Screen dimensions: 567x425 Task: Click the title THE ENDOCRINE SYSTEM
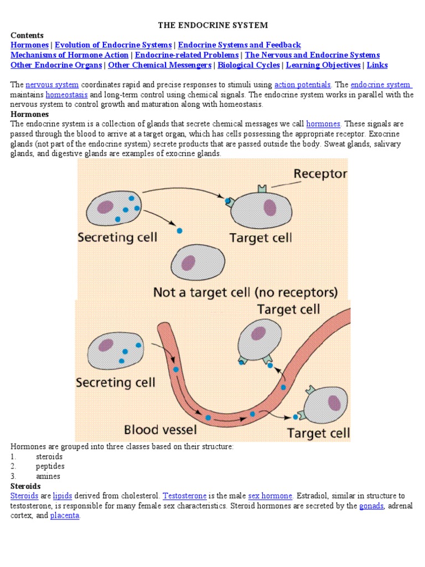coord(213,25)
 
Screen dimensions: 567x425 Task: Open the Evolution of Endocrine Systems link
coord(113,45)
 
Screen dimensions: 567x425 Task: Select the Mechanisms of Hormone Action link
coord(70,55)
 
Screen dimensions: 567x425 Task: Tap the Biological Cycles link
coord(249,65)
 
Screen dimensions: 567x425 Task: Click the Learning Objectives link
coord(323,65)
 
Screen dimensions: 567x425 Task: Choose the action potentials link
coord(303,85)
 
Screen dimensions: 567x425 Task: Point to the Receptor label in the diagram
coord(320,174)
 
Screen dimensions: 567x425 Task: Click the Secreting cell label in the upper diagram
coord(117,238)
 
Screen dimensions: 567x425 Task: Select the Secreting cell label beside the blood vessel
coord(115,383)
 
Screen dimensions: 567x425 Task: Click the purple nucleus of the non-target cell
coord(189,262)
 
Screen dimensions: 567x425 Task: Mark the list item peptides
coord(50,466)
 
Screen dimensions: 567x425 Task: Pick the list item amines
coord(48,476)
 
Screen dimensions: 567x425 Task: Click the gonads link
coord(371,506)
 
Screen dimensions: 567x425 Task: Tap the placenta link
coord(65,516)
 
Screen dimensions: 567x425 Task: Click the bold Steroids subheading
coord(25,486)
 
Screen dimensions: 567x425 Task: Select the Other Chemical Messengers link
coord(159,65)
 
